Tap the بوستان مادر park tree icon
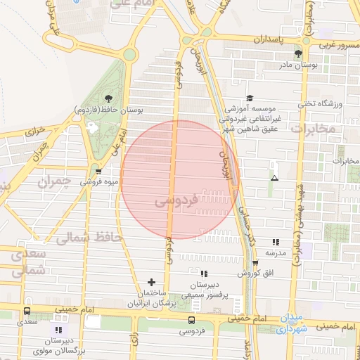[x=298, y=53]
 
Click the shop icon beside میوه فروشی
[x=98, y=171]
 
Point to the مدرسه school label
[x=275, y=252]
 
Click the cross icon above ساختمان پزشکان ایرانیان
[x=151, y=281]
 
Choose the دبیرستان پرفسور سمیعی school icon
[x=204, y=273]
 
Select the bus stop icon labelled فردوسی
[x=191, y=320]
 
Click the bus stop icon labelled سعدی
[x=27, y=311]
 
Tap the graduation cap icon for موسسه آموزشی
[x=249, y=98]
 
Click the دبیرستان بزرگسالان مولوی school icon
[x=59, y=329]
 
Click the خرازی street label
[x=34, y=130]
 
